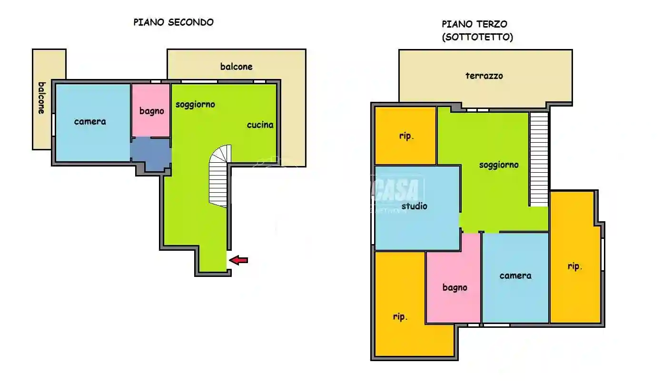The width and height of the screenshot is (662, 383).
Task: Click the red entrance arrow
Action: pos(238,260)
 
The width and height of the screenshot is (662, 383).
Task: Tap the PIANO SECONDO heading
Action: pos(173,22)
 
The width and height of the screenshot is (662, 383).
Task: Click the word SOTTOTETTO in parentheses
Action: pos(477,38)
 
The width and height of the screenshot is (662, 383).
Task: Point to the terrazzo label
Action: pos(484,76)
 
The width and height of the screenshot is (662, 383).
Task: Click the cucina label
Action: pos(260,125)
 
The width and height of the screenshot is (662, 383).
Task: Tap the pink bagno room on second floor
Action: pos(151,110)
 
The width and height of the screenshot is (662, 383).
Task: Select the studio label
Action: pos(414,206)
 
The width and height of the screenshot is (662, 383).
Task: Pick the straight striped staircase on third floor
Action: pos(539,158)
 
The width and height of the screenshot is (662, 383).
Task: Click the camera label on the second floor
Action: pos(90,121)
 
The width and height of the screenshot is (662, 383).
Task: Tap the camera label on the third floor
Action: pos(515,275)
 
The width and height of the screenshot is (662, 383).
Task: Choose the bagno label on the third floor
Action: pos(455,287)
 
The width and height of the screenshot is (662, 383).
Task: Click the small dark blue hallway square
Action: pos(150,153)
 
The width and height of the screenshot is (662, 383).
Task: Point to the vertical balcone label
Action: pos(42,98)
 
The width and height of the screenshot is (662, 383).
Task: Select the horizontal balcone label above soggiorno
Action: pos(236,67)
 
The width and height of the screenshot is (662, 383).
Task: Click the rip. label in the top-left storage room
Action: pos(406,136)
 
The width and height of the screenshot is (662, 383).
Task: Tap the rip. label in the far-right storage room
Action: pos(574,266)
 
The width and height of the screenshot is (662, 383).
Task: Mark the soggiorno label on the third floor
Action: pos(498,165)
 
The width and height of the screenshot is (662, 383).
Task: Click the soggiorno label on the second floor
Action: pos(195,104)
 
